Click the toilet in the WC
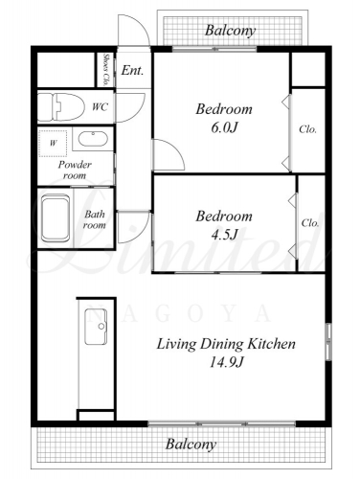[x=60, y=106]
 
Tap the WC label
[x=100, y=107]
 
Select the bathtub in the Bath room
[x=56, y=218]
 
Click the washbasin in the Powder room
[x=93, y=139]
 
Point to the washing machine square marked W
[x=53, y=143]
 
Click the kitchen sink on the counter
[x=96, y=327]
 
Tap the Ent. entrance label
[x=132, y=70]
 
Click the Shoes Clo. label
[x=105, y=69]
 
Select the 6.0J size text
[x=224, y=127]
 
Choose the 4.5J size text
[x=224, y=235]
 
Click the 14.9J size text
[x=226, y=362]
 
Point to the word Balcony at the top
[x=230, y=31]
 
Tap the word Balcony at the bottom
[x=191, y=445]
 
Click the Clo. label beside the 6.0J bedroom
[x=308, y=129]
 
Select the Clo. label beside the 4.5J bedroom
[x=310, y=223]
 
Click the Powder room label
[x=75, y=170]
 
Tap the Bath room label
[x=95, y=219]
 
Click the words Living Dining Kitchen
[x=226, y=344]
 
